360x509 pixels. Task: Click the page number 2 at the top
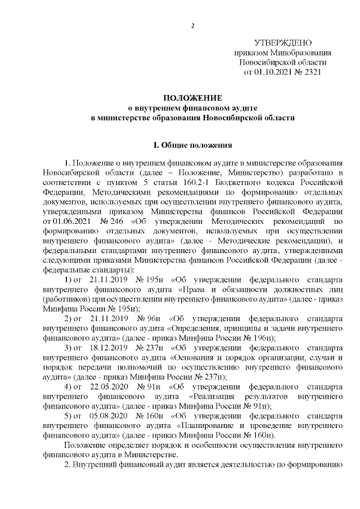pyautogui.click(x=192, y=25)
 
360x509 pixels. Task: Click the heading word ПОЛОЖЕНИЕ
pyautogui.click(x=192, y=98)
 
